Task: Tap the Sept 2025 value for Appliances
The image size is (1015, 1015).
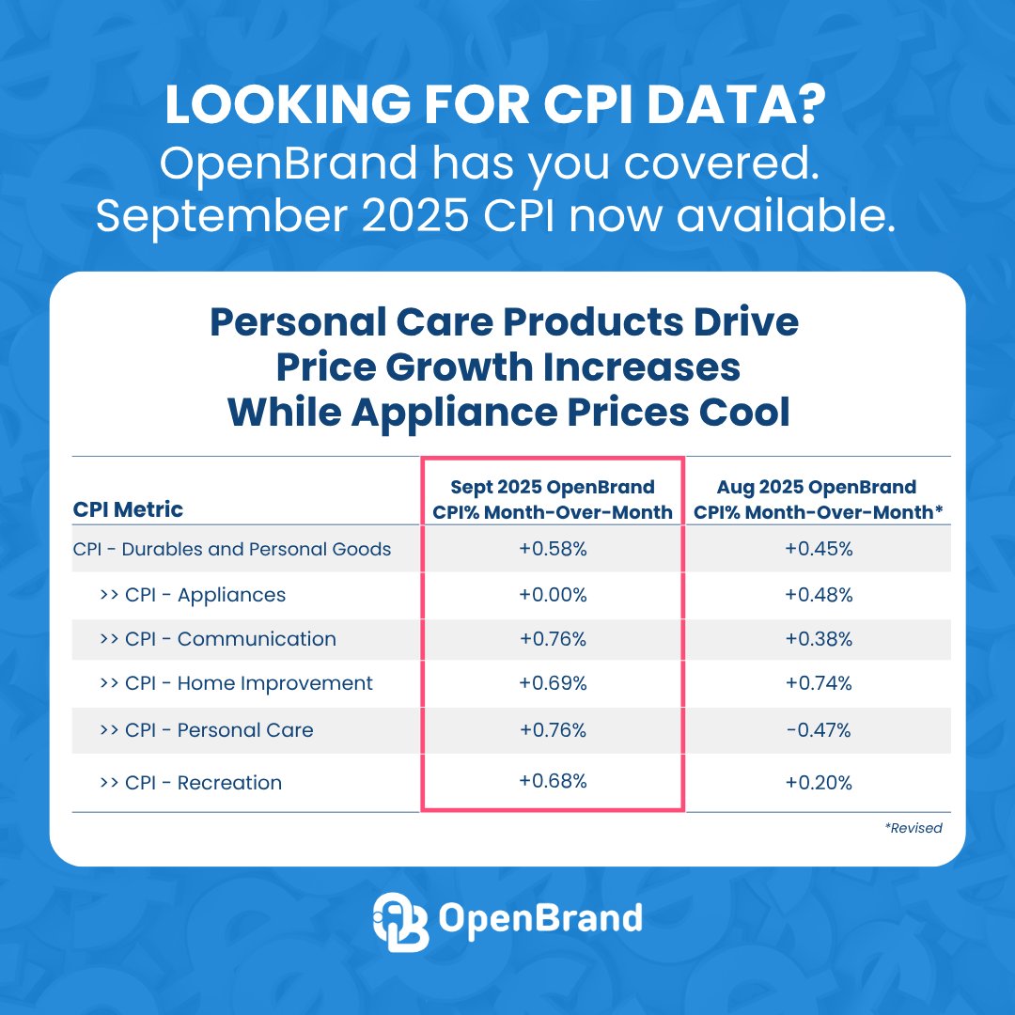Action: click(x=553, y=595)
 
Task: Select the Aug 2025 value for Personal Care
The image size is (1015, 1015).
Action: click(x=819, y=730)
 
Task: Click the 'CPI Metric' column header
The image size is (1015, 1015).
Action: click(x=128, y=509)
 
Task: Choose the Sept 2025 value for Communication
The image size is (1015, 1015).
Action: click(x=553, y=639)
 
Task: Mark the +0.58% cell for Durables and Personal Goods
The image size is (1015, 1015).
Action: click(x=553, y=550)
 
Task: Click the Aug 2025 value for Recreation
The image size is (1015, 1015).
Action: click(x=819, y=783)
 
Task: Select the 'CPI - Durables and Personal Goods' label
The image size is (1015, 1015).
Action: click(x=232, y=549)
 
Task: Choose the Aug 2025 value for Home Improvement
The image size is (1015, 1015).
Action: click(x=819, y=683)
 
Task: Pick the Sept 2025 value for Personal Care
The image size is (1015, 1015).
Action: click(x=553, y=730)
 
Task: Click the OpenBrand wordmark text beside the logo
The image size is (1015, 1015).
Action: click(x=540, y=917)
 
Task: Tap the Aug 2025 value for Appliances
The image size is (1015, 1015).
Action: click(x=819, y=595)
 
